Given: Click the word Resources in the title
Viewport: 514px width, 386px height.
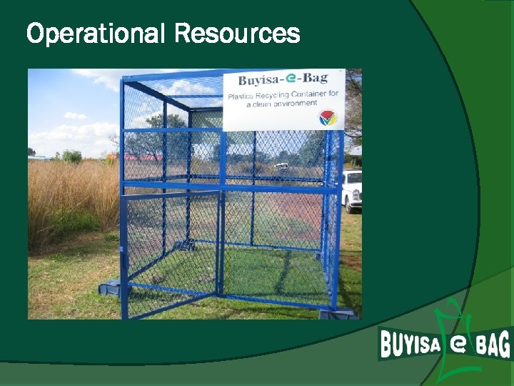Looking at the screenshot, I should [x=236, y=33].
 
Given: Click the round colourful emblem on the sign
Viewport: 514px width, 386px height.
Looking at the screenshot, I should [x=327, y=118].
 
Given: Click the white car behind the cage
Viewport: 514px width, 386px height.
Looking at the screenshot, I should [x=351, y=190].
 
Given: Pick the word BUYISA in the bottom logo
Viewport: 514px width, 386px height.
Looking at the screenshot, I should [x=410, y=344].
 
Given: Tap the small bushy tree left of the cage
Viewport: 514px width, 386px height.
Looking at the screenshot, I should [x=71, y=156].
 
